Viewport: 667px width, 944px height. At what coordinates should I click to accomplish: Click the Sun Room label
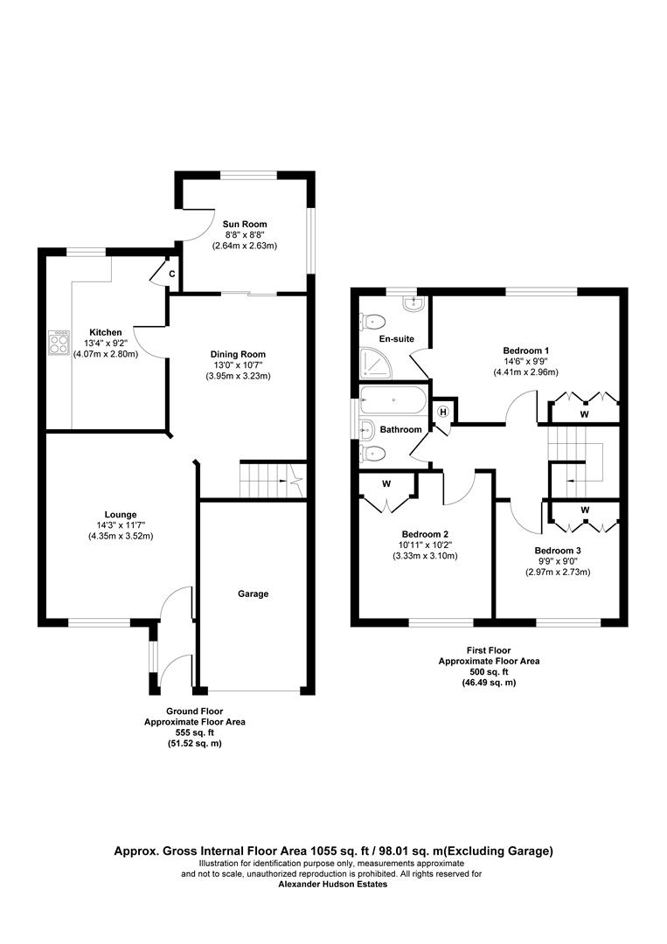click(x=244, y=225)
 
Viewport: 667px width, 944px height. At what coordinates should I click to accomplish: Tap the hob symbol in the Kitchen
click(x=59, y=342)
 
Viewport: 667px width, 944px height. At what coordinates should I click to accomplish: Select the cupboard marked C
click(x=171, y=274)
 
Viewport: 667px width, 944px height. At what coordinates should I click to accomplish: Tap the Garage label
click(x=253, y=593)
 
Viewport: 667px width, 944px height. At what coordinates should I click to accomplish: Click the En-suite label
click(x=396, y=338)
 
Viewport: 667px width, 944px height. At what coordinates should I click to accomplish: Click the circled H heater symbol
click(x=443, y=413)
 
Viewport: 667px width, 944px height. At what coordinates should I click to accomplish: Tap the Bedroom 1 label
click(x=525, y=350)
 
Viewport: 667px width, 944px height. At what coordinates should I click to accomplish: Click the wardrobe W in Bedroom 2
click(x=386, y=483)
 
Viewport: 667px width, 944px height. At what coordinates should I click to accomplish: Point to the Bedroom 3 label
click(x=557, y=551)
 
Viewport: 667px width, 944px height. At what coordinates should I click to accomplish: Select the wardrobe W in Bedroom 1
click(x=584, y=413)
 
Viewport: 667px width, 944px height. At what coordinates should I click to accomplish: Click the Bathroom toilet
click(x=373, y=453)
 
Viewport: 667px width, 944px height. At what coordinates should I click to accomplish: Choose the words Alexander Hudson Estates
click(x=332, y=885)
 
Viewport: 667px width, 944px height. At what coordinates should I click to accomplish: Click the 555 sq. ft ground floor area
click(x=194, y=732)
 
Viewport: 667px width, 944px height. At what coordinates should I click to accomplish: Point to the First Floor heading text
click(x=489, y=651)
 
